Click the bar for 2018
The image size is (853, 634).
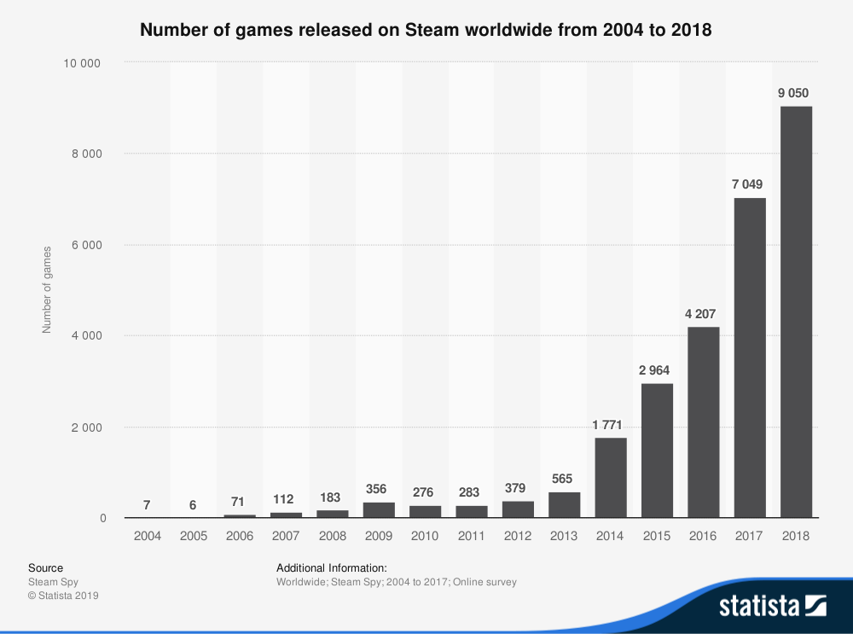click(x=795, y=311)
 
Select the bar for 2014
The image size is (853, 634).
click(x=611, y=477)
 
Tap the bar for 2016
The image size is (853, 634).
click(x=703, y=422)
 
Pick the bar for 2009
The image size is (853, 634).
click(x=379, y=509)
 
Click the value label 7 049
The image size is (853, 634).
click(x=749, y=185)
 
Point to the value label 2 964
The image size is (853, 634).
click(x=657, y=370)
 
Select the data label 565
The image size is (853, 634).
click(x=564, y=480)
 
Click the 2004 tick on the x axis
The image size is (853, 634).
click(x=147, y=536)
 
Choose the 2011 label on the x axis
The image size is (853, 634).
click(x=471, y=536)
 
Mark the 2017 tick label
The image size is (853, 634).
click(x=749, y=536)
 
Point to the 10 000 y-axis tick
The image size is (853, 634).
click(x=84, y=63)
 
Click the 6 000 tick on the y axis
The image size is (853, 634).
click(x=88, y=245)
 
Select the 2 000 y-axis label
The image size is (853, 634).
click(x=88, y=428)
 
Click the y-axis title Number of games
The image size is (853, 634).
click(x=48, y=289)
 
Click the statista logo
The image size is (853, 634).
click(x=772, y=606)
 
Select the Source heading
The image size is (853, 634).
click(x=45, y=567)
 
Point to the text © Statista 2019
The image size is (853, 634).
click(x=63, y=596)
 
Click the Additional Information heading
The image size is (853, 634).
click(x=332, y=567)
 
